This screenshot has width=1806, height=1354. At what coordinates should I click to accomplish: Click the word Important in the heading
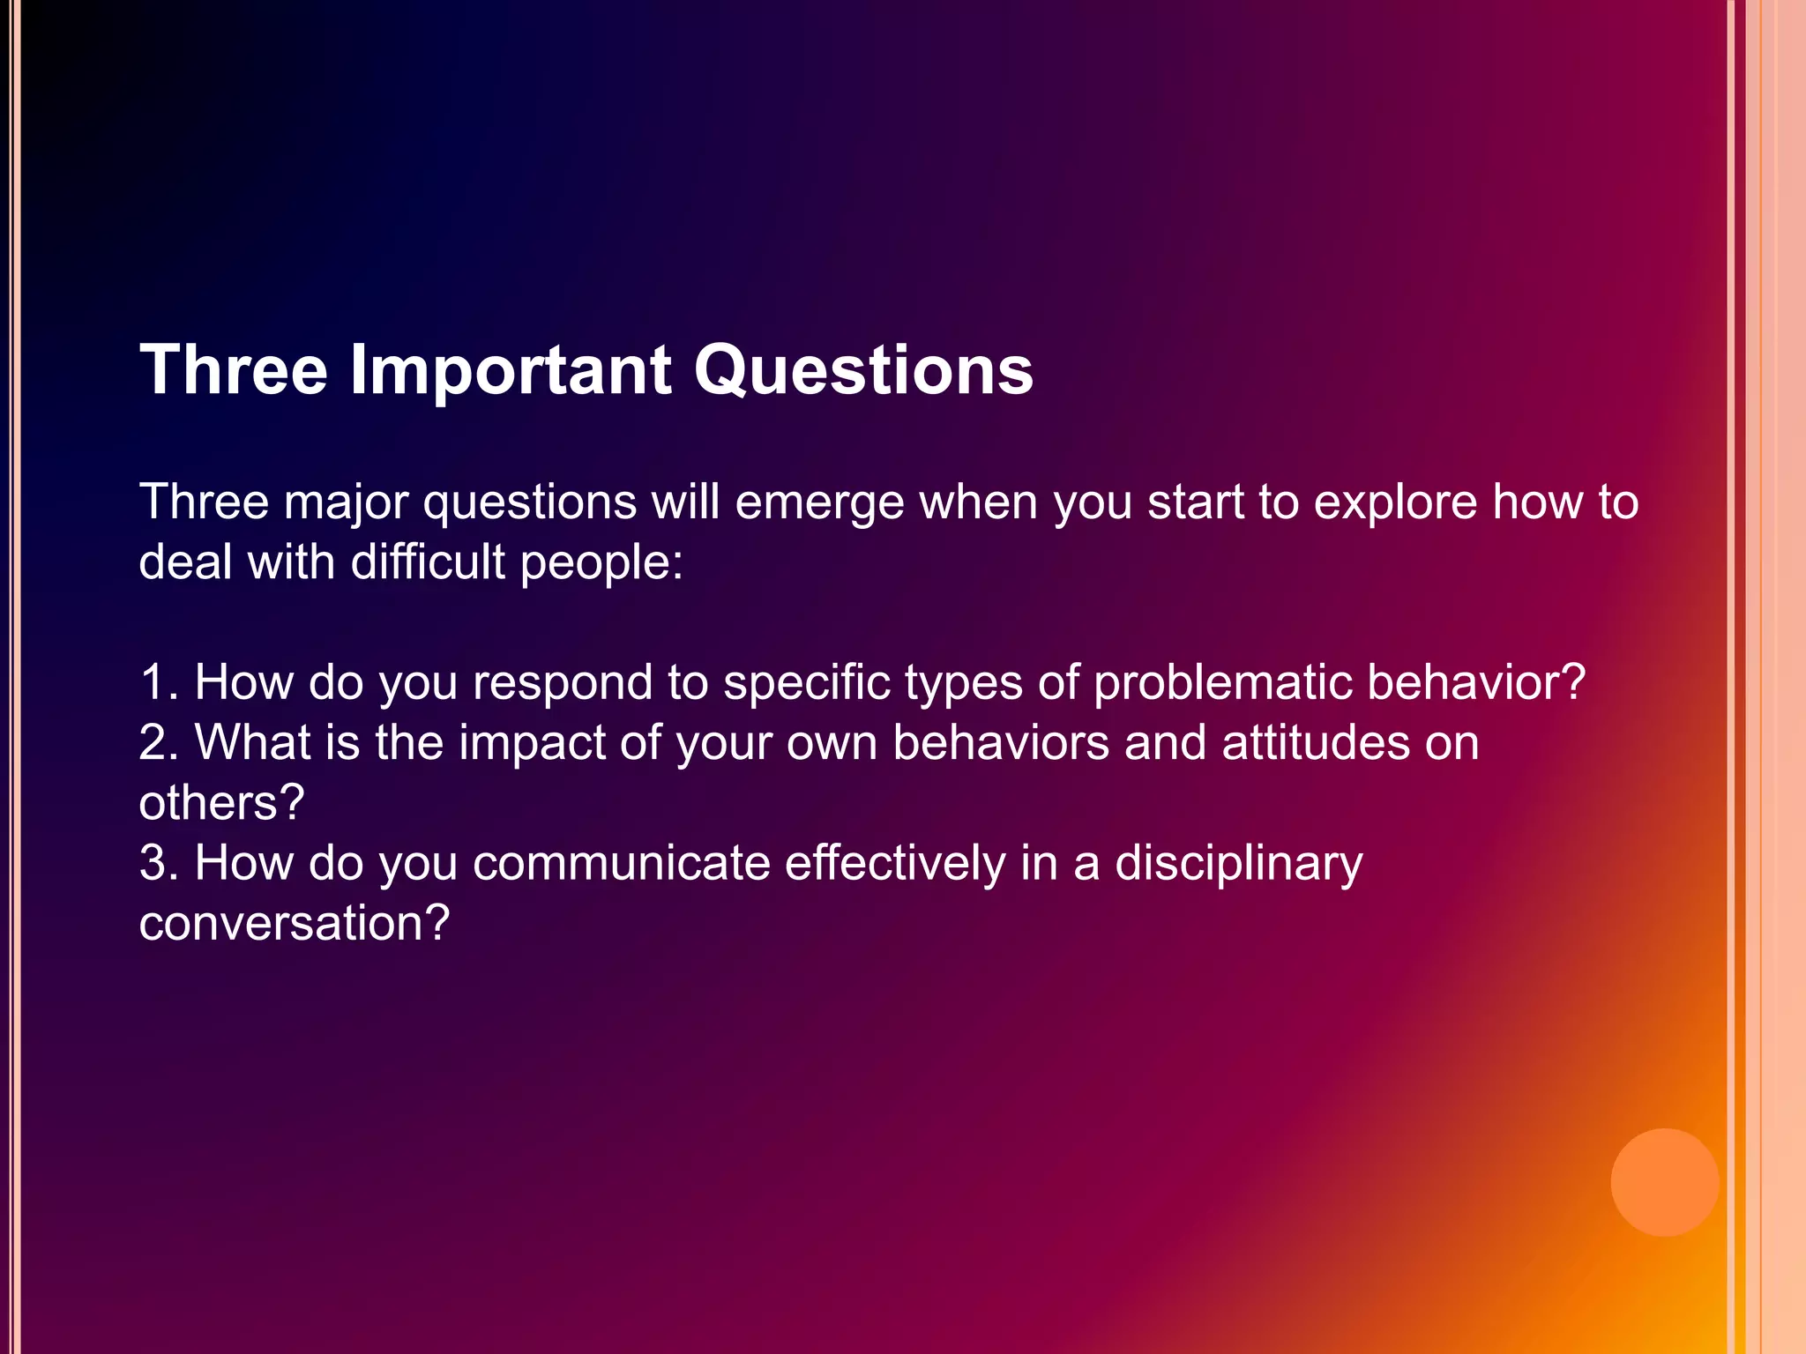[x=510, y=370]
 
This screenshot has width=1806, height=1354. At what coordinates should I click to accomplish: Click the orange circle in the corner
[x=1664, y=1182]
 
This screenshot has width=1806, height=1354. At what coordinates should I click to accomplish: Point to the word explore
[x=1395, y=503]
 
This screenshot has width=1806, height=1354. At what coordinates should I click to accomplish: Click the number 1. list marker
[x=159, y=682]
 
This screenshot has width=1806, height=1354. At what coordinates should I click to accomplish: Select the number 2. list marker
[x=159, y=742]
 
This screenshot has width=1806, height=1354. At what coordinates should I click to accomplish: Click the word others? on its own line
[x=221, y=803]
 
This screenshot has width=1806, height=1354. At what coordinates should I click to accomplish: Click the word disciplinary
[x=1239, y=864]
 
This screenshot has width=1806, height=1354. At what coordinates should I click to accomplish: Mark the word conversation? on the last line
[x=294, y=923]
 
